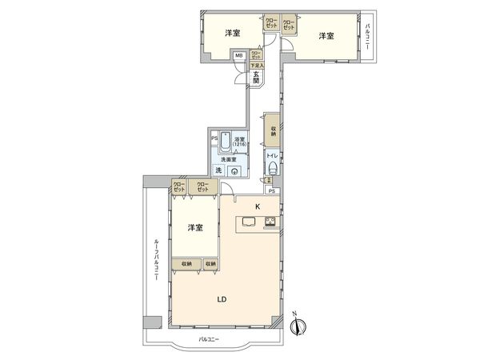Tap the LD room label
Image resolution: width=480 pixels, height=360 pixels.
223,300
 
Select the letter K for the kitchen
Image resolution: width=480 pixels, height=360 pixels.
258,206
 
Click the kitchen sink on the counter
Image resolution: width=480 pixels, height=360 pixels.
246,223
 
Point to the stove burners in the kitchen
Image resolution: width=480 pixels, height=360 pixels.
270,222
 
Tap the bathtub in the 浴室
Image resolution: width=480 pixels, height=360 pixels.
226,142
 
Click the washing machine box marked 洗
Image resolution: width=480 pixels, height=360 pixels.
218,170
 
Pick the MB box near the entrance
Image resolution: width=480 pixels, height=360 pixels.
238,55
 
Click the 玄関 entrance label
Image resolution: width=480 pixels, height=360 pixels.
256,77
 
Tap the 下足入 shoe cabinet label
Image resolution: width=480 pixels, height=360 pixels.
256,65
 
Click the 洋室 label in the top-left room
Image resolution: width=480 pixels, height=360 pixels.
233,34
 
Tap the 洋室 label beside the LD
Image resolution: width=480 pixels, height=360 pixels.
194,228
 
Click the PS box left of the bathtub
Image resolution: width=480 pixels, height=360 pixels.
214,138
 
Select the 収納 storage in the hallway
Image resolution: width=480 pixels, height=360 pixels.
272,129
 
